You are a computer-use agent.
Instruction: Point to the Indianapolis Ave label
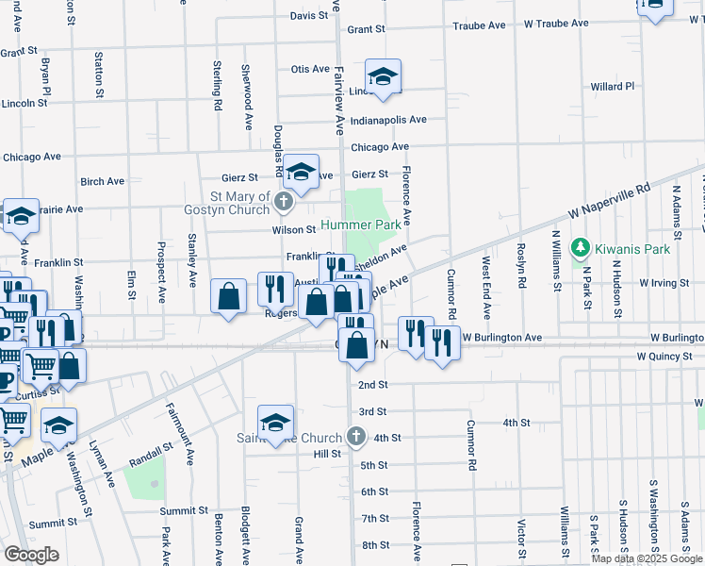(388, 121)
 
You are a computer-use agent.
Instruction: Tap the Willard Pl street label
(612, 87)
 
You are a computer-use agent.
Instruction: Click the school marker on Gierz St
(302, 173)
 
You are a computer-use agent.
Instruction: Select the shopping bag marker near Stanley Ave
(228, 297)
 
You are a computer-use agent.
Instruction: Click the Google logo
(32, 554)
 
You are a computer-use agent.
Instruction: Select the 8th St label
(375, 545)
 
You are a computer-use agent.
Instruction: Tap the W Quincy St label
(669, 357)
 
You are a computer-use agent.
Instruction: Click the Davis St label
(308, 16)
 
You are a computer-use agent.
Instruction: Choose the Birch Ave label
(103, 181)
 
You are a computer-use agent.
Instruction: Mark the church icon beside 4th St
(354, 437)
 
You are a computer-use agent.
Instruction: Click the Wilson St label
(294, 229)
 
